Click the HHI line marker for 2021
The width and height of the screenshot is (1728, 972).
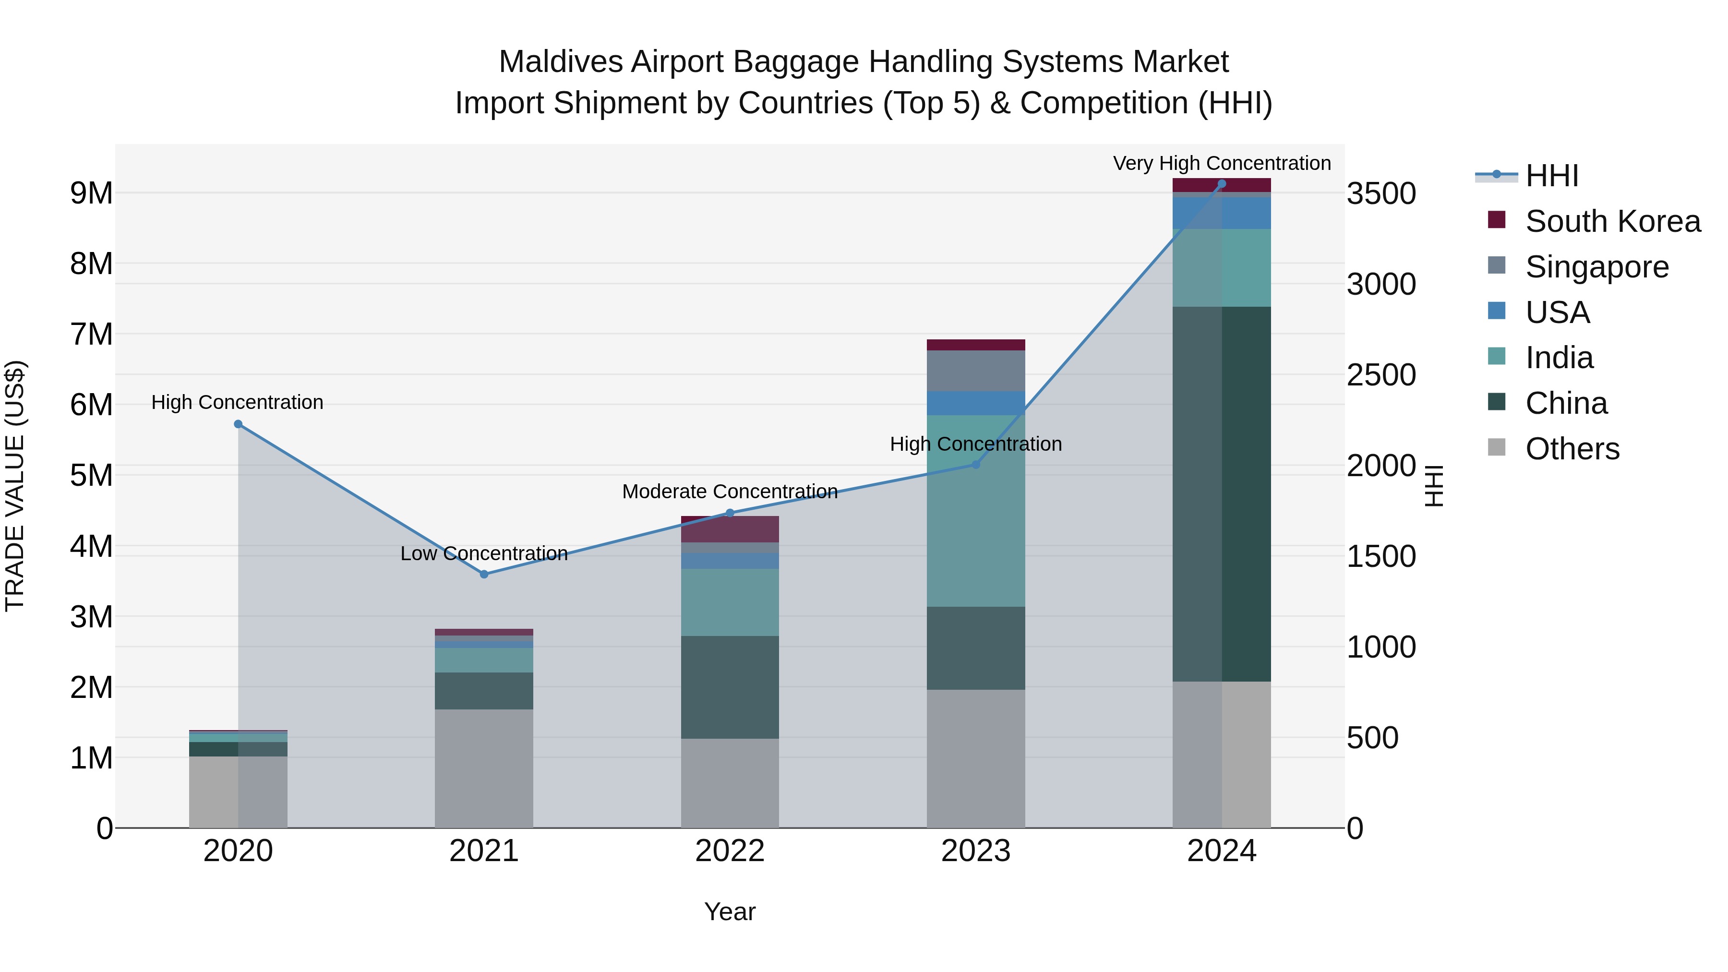[484, 574]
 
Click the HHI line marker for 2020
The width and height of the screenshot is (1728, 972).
[238, 424]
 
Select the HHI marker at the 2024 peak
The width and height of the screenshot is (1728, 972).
[1222, 184]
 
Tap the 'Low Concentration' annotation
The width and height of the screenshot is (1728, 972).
[484, 553]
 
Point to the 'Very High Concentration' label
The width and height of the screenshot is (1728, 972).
[1222, 163]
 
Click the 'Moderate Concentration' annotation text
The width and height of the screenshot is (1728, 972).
[730, 492]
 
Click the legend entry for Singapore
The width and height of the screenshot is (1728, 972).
[1596, 267]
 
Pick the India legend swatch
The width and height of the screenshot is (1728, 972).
[1497, 357]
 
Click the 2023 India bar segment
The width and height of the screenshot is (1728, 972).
[976, 510]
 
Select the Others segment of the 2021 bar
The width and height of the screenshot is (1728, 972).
[484, 768]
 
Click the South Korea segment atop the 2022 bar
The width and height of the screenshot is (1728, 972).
[730, 529]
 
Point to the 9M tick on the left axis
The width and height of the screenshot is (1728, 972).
[91, 193]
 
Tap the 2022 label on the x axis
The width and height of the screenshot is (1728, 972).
[730, 851]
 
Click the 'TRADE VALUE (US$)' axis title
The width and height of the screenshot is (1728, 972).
[15, 486]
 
